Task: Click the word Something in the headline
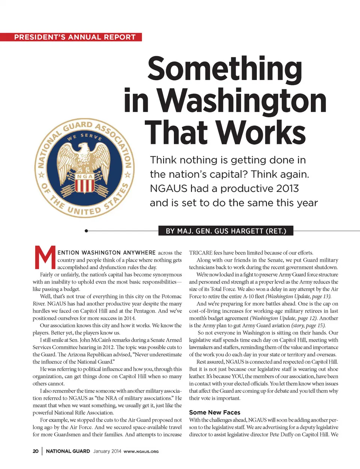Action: [x=225, y=69]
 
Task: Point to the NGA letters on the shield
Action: [x=85, y=176]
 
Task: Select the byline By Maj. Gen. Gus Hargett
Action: [x=226, y=231]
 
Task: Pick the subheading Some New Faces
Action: [x=214, y=412]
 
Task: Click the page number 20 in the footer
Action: [x=36, y=451]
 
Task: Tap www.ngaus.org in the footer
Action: [x=141, y=451]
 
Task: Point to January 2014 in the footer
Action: [x=107, y=451]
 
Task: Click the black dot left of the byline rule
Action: [x=86, y=231]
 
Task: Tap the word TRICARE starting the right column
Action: [x=201, y=253]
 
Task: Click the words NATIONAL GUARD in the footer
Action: [x=68, y=451]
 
